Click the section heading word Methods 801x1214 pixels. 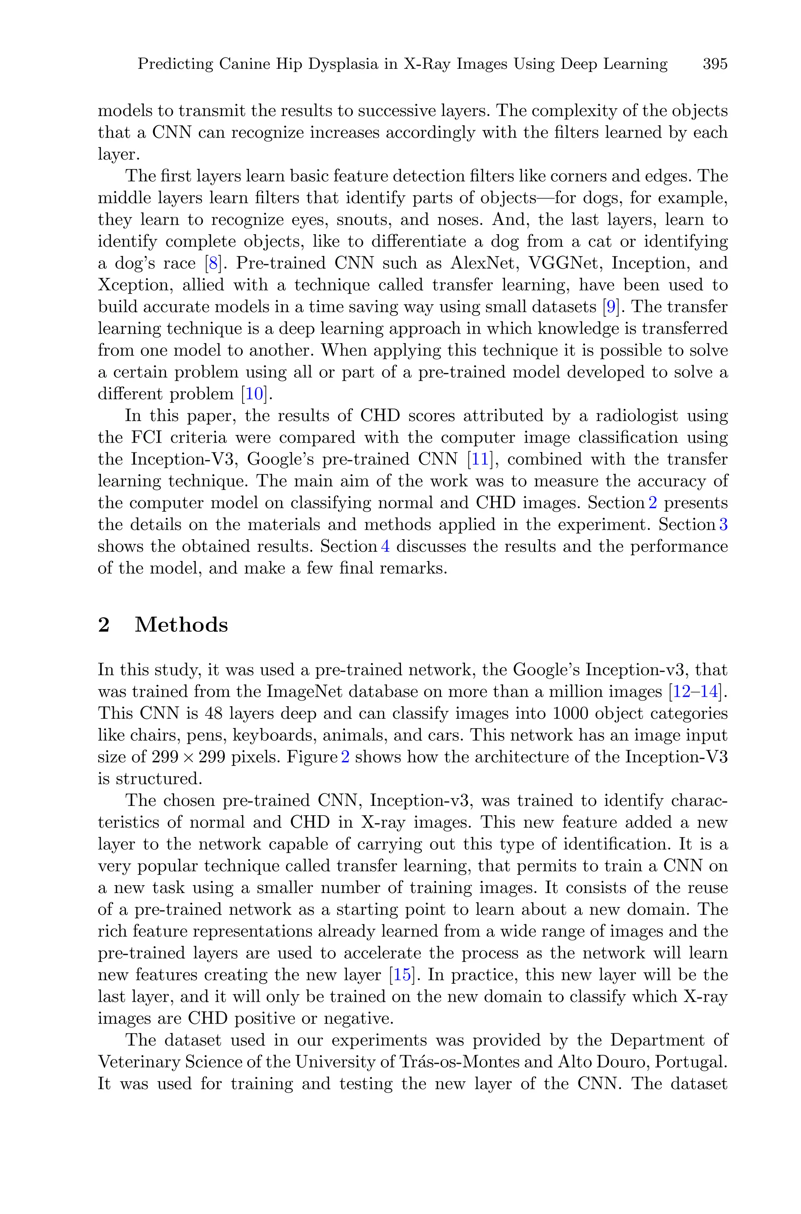click(x=181, y=625)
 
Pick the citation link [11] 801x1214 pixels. click(x=480, y=459)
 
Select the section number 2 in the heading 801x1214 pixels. click(x=104, y=625)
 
